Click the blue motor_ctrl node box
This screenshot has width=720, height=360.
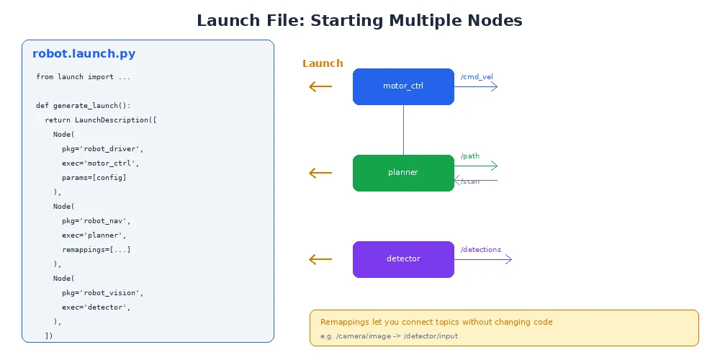(x=403, y=86)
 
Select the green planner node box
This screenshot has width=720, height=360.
(x=403, y=173)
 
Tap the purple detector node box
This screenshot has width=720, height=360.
(x=403, y=259)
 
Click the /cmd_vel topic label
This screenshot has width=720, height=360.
(x=477, y=77)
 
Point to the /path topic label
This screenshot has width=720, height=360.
(x=470, y=156)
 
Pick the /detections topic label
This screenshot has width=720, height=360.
(x=481, y=250)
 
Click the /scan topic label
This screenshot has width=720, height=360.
(x=470, y=181)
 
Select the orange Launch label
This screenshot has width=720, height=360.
(x=323, y=63)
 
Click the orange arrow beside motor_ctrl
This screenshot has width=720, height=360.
(x=320, y=86)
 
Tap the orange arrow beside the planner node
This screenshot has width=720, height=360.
(x=320, y=173)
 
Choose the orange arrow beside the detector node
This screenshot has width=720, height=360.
(x=320, y=259)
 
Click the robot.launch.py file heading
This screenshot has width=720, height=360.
(x=84, y=54)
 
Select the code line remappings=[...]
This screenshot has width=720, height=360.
(x=96, y=249)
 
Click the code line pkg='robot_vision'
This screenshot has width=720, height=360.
(x=102, y=292)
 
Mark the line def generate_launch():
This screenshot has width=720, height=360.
(x=83, y=105)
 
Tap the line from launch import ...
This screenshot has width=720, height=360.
(x=83, y=76)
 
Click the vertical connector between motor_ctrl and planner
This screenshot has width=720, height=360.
(x=403, y=130)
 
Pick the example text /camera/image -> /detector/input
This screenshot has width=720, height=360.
(x=389, y=336)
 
